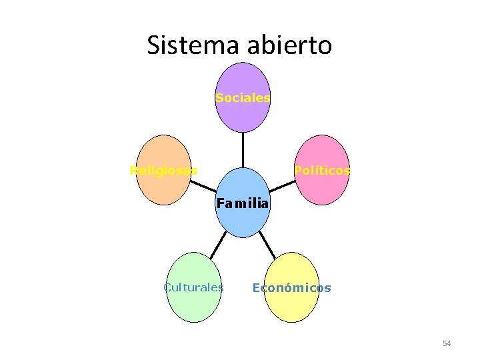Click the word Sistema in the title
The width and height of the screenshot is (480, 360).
click(x=186, y=45)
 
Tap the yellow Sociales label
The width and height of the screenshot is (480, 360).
click(x=243, y=98)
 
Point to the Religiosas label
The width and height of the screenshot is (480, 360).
click(x=163, y=171)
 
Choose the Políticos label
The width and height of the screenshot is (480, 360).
click(x=323, y=171)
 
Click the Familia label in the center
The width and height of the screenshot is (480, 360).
click(x=243, y=203)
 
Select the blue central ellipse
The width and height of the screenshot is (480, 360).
click(x=243, y=220)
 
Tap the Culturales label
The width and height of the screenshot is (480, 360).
click(x=193, y=288)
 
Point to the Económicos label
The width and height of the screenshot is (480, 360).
click(x=291, y=288)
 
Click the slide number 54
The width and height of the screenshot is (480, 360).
click(x=447, y=343)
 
